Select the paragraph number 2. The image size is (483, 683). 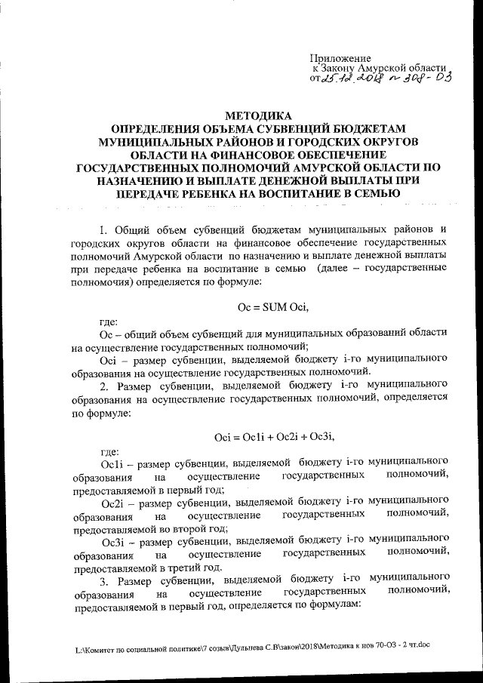pos(103,386)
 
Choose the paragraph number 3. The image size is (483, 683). pos(103,580)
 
